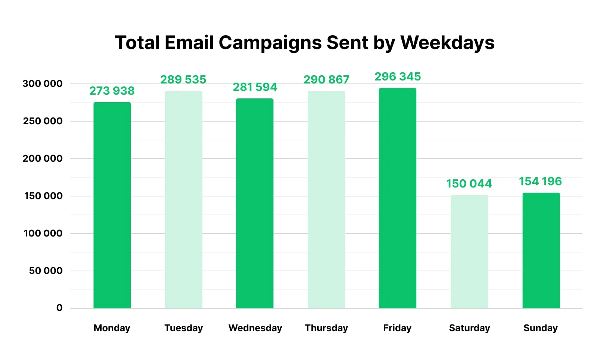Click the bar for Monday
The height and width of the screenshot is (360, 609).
[112, 205]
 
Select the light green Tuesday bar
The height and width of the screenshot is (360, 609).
[184, 199]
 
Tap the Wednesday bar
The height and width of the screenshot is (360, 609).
[255, 203]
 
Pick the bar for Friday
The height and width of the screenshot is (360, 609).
[398, 198]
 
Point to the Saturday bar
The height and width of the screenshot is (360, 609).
[469, 251]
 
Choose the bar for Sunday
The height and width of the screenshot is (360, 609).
[541, 250]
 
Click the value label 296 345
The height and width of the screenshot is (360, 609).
[398, 77]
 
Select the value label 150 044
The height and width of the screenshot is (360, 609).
[469, 184]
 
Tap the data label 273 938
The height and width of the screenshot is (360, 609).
[112, 91]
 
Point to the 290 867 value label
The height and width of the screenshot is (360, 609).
[326, 80]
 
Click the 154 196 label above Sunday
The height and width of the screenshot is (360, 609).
[541, 181]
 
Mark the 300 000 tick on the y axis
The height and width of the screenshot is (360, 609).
[43, 84]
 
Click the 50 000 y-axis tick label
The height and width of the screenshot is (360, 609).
[46, 271]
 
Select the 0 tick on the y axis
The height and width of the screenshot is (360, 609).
[59, 308]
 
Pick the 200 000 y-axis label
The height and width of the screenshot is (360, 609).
[43, 159]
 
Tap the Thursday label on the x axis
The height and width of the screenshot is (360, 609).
[326, 328]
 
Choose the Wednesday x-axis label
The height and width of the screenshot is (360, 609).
[255, 328]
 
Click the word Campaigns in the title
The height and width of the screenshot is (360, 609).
[270, 43]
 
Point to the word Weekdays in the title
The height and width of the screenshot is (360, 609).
[447, 43]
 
